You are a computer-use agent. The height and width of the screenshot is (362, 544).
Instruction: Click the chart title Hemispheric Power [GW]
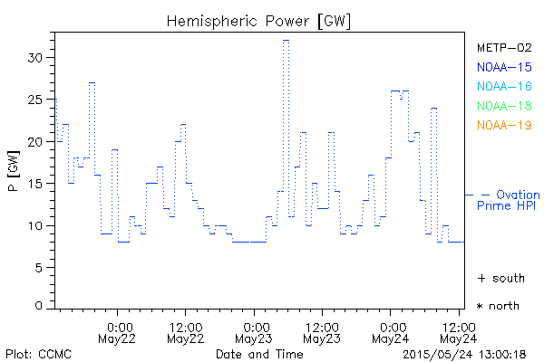click(x=259, y=21)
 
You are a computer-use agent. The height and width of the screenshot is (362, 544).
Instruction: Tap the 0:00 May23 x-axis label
click(x=255, y=331)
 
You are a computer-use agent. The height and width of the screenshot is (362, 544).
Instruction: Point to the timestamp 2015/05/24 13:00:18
click(x=465, y=352)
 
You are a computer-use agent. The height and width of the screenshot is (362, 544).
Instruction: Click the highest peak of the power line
click(x=286, y=40)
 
